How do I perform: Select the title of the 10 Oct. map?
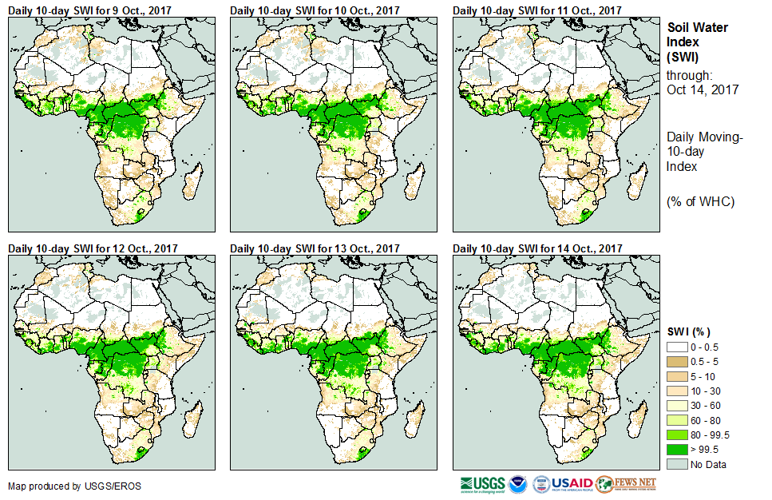[x=315, y=10]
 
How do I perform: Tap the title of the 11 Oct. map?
[x=537, y=10]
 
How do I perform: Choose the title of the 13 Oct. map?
[x=315, y=249]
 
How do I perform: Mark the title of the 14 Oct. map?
[x=537, y=249]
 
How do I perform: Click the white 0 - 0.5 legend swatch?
[x=679, y=347]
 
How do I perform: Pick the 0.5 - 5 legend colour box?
[x=679, y=362]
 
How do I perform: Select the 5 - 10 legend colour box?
[x=679, y=376]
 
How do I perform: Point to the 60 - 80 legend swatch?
[x=679, y=420]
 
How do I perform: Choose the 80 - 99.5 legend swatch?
[x=679, y=435]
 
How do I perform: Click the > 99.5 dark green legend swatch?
[x=679, y=450]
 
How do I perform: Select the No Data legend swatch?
[x=679, y=464]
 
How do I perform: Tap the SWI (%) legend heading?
[x=689, y=331]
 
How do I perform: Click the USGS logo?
[x=482, y=484]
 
